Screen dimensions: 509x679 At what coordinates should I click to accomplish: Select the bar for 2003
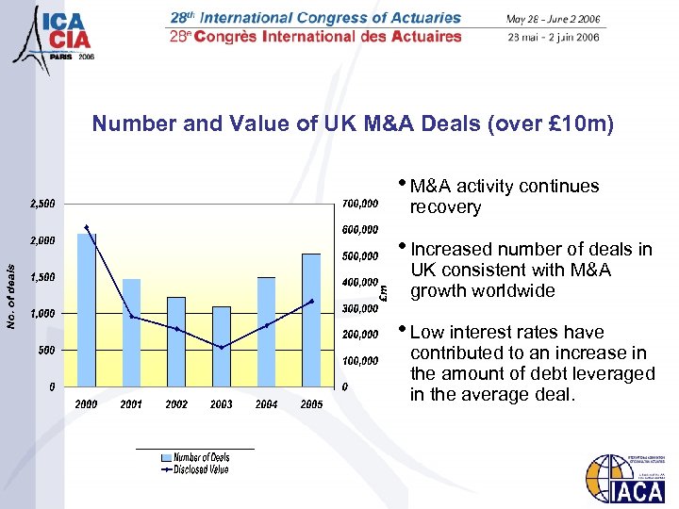[x=222, y=346]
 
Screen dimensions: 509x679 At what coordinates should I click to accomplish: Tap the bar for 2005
[x=311, y=320]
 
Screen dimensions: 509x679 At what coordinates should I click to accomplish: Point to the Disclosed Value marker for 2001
[x=132, y=317]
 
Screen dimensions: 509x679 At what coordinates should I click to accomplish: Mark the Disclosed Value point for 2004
[x=267, y=325]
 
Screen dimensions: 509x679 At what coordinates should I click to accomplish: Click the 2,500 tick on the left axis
[x=41, y=204]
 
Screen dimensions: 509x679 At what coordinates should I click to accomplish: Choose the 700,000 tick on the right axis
[x=359, y=204]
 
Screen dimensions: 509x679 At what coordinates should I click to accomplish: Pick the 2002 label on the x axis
[x=176, y=404]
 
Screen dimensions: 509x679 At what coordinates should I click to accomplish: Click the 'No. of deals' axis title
[x=10, y=296]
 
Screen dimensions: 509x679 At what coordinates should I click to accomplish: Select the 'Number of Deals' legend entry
[x=201, y=457]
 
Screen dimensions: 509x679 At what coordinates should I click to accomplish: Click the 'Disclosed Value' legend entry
[x=200, y=468]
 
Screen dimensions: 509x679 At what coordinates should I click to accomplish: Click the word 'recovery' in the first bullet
[x=445, y=207]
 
